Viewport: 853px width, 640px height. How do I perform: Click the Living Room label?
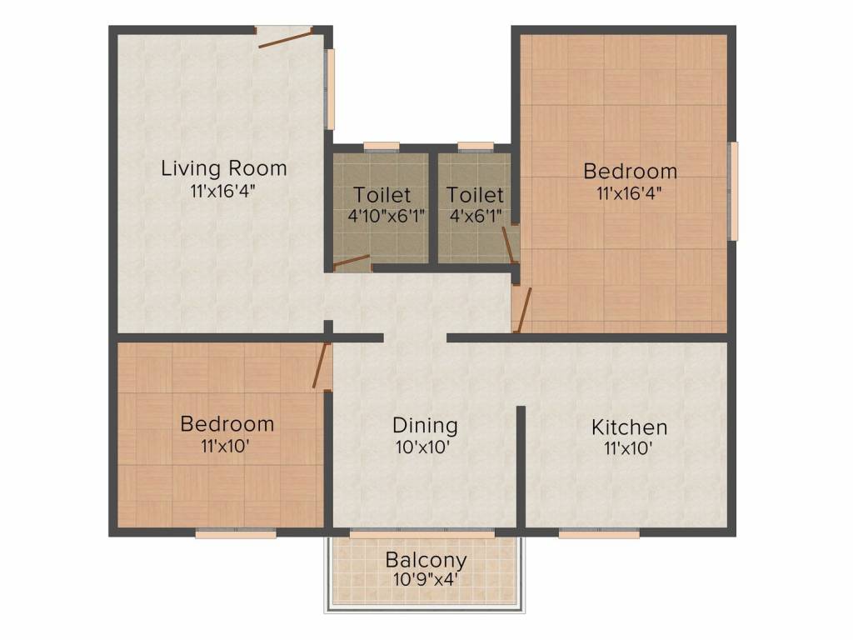[x=224, y=168]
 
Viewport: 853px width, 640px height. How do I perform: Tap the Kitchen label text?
[x=630, y=427]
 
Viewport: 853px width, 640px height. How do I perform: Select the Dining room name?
[x=425, y=426]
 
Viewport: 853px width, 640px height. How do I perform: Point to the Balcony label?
[x=426, y=560]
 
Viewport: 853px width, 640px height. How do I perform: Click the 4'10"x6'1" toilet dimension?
[x=386, y=216]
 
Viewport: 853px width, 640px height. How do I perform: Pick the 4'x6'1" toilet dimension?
[x=475, y=216]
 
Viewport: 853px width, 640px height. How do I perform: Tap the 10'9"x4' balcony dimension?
[x=426, y=579]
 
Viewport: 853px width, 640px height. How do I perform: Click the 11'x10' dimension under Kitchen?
[x=628, y=448]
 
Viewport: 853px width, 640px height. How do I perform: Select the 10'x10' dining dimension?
[x=422, y=447]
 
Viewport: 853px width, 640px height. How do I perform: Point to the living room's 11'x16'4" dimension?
[x=223, y=191]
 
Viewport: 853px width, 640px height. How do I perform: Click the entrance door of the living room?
[x=285, y=38]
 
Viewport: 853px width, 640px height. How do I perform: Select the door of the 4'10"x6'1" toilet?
[x=352, y=262]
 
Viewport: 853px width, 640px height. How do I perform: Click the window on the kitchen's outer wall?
[x=599, y=534]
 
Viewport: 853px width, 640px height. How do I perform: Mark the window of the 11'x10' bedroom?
[x=236, y=534]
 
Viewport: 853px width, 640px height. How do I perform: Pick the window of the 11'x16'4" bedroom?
[x=734, y=191]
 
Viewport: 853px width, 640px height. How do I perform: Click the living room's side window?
[x=330, y=89]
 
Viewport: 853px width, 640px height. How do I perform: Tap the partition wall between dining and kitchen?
[x=521, y=467]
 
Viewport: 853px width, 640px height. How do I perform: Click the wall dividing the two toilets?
[x=433, y=207]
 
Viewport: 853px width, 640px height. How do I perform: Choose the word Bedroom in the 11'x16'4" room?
[x=631, y=172]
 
